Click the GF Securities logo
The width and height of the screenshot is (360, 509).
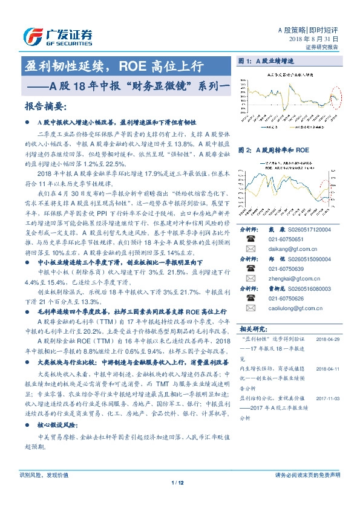tap(57, 36)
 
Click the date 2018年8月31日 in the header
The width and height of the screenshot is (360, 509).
tap(318, 38)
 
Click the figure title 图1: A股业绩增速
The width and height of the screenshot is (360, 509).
tap(266, 62)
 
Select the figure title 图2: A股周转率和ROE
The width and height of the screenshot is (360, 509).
tap(274, 149)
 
